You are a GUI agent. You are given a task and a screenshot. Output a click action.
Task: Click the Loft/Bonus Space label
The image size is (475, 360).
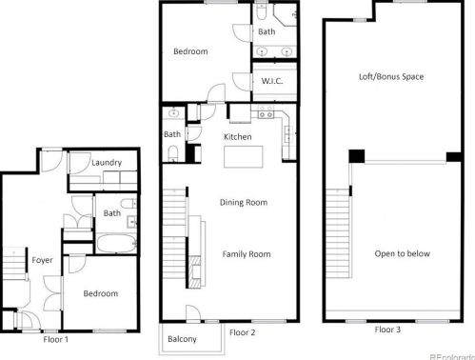coord(391,77)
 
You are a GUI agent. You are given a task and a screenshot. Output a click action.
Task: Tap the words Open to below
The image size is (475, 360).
coord(402,253)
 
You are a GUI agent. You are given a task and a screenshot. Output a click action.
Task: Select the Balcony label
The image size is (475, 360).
coord(182,339)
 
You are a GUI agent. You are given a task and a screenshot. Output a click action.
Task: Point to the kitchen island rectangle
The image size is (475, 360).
coord(244,156)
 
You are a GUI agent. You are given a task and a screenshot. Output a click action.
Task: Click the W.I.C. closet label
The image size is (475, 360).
coord(272,81)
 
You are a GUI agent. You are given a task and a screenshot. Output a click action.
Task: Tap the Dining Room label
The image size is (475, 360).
coord(244,203)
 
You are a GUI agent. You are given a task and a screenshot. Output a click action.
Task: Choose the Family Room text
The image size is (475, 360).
coord(247,254)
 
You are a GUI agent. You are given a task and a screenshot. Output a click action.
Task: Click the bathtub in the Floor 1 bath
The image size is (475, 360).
coord(116,244)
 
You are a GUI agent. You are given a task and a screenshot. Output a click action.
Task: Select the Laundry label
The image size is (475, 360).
coord(107,163)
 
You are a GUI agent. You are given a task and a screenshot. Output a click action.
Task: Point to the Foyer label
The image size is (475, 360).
coord(42,260)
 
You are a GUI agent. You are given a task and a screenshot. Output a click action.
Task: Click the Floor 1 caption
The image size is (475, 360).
coord(55,340)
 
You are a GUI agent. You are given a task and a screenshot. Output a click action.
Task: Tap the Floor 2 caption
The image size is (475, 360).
coord(242,332)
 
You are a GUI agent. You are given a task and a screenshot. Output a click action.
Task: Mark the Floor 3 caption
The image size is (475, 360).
coord(387,330)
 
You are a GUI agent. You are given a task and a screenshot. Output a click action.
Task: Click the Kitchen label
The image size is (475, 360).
coord(237,137)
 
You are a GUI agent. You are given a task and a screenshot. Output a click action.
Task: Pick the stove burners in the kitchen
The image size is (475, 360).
coord(266,111)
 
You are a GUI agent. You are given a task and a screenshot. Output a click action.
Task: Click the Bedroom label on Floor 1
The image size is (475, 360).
coord(101,293)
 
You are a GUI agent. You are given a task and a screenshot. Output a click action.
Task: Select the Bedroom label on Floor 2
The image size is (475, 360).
coord(190,51)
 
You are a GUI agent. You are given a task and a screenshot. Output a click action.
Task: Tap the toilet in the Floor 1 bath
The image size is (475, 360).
coord(129,203)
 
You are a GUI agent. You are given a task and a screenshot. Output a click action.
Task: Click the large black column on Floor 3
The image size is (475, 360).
coord(357,156)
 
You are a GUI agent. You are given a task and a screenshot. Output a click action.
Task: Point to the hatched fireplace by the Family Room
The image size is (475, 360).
coord(195,272)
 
